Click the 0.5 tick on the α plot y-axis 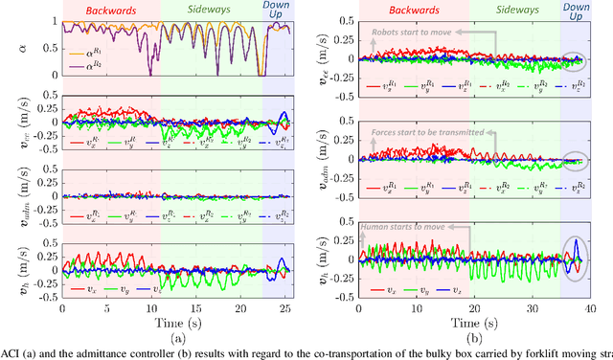coord(50,53)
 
